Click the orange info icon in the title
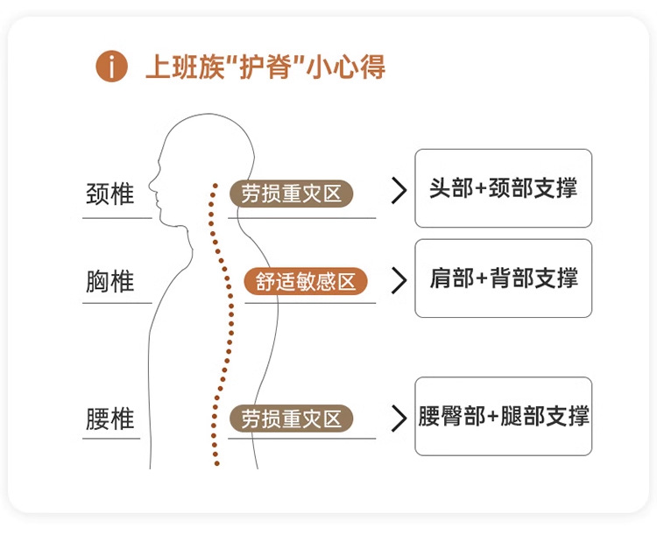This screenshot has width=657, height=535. point(111,67)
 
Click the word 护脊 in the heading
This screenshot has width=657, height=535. point(271,67)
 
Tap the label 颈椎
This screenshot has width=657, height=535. point(110,194)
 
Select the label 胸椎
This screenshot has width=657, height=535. point(110,282)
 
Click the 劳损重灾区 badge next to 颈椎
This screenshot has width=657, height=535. point(292,194)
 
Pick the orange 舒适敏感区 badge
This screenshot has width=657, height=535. point(306,282)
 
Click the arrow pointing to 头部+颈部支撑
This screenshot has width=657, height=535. point(399,192)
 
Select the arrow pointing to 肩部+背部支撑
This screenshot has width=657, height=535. point(399,280)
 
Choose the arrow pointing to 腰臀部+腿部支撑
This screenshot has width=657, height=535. point(399,418)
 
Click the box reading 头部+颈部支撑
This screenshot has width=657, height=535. point(503,188)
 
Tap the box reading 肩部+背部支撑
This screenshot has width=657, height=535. point(503,278)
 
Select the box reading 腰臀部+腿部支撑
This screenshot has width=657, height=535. point(503,416)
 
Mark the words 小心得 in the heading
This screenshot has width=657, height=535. point(345,67)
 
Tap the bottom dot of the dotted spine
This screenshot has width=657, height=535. point(216,463)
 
